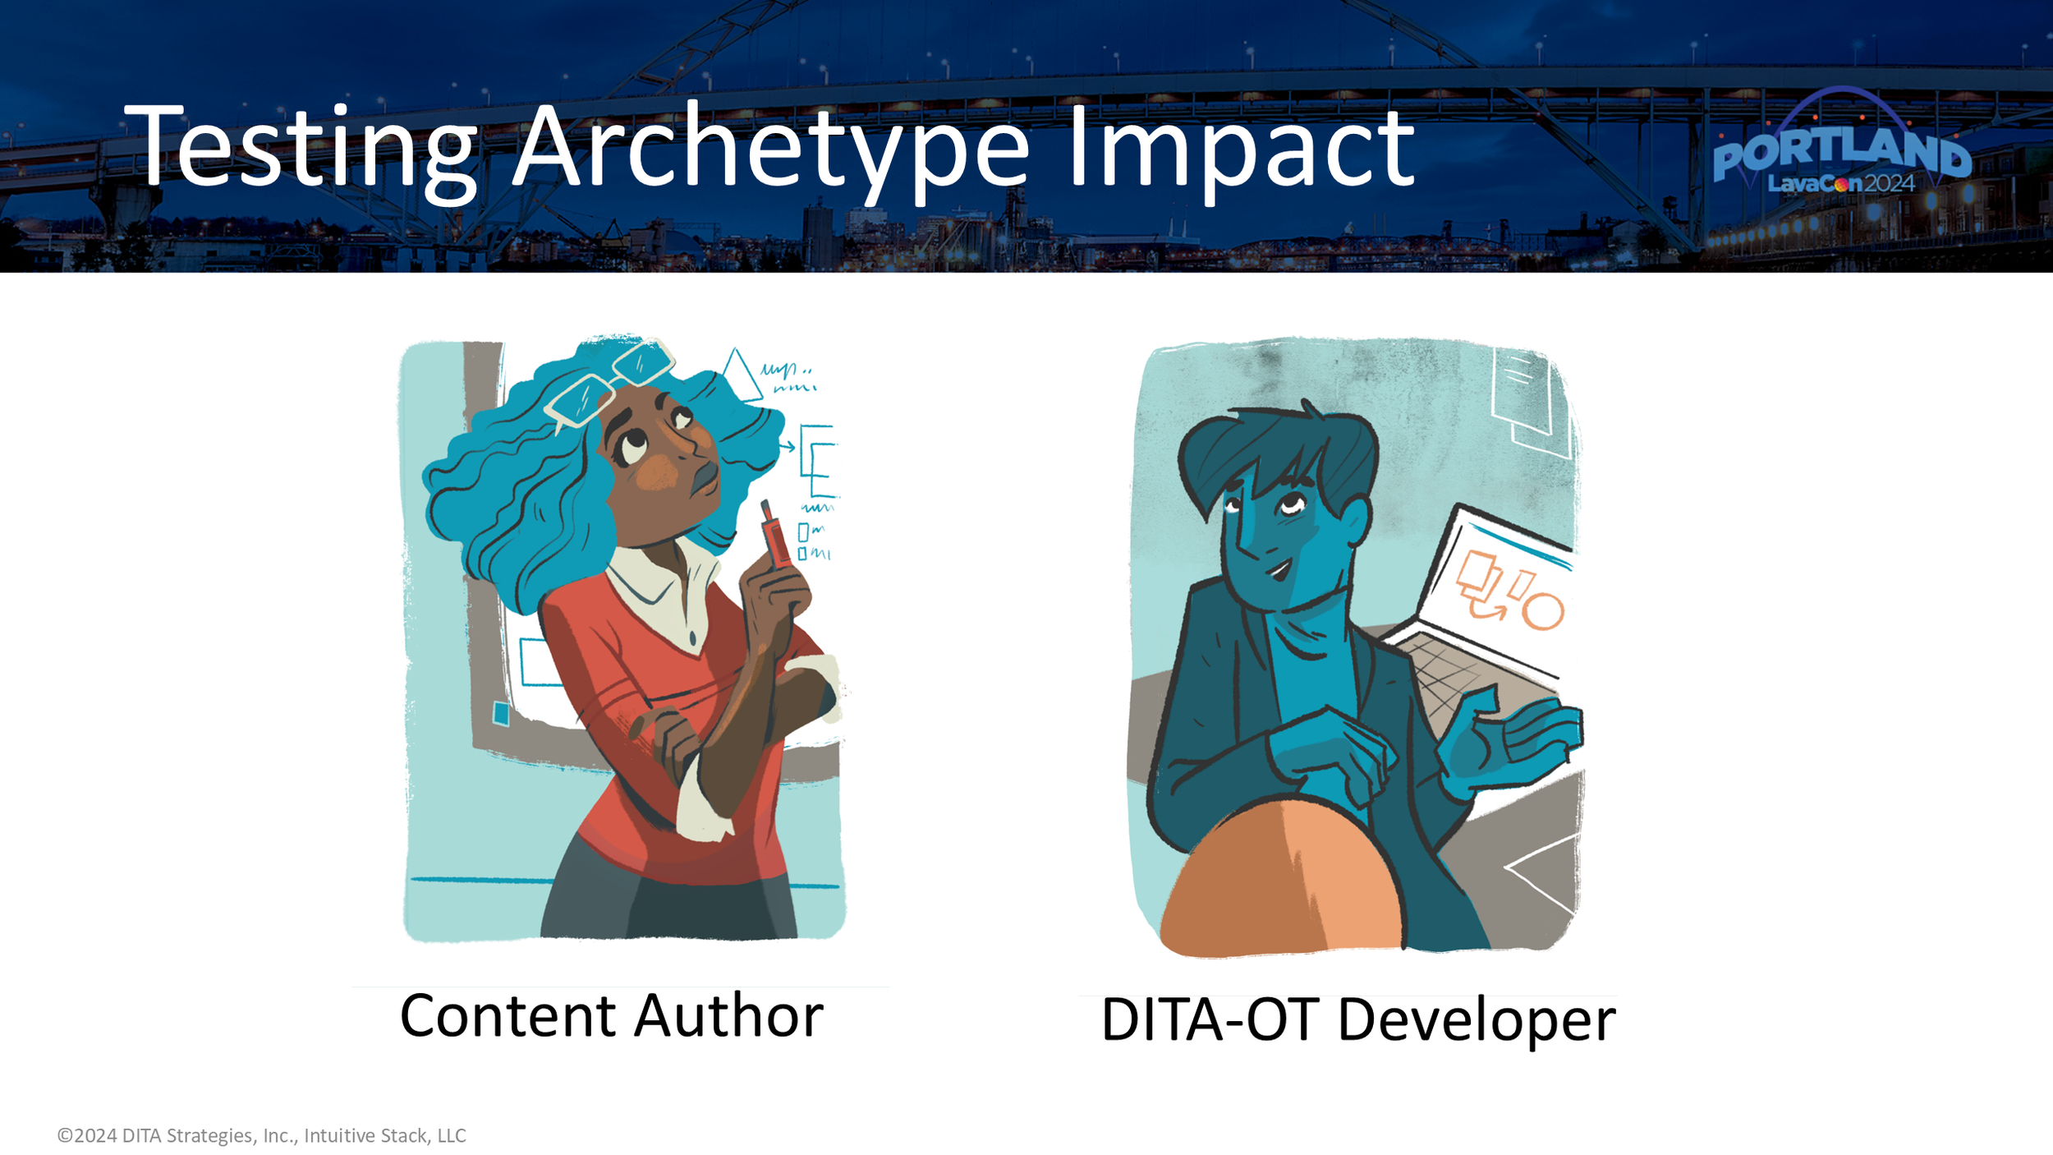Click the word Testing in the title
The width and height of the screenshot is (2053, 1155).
301,148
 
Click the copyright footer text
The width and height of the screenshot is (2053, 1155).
261,1135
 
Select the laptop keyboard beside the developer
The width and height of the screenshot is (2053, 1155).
1454,682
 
